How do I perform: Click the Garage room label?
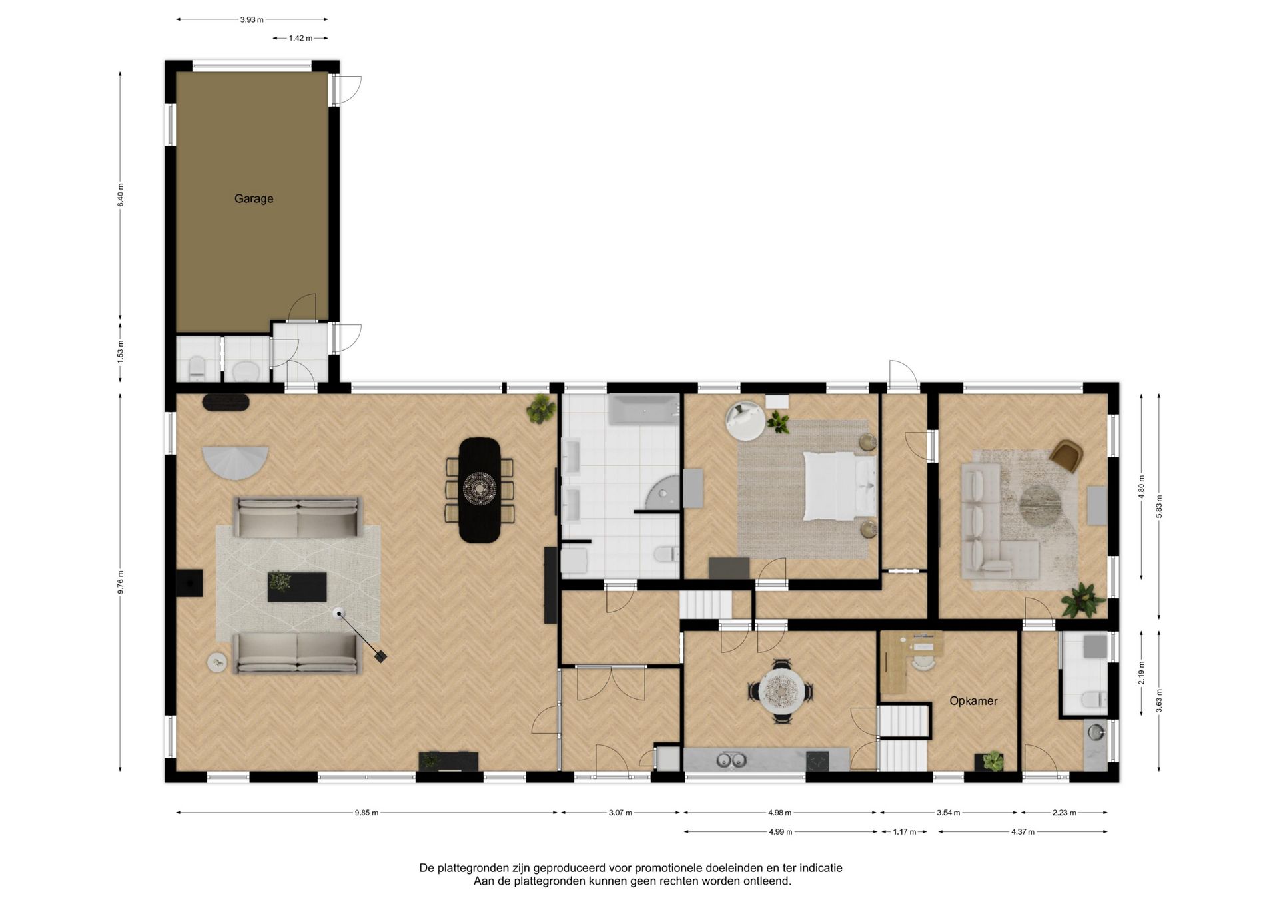[x=254, y=198]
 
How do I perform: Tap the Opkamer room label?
[x=973, y=701]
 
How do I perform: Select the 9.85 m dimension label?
[x=366, y=813]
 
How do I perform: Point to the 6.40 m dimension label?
[x=121, y=195]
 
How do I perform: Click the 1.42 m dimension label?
[x=300, y=38]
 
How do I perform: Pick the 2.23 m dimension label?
[x=1065, y=813]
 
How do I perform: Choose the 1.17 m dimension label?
[x=905, y=831]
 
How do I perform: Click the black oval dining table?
[x=480, y=490]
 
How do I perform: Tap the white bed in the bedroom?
[x=839, y=486]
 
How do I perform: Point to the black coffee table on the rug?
[x=297, y=586]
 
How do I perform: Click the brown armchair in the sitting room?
[x=1067, y=456]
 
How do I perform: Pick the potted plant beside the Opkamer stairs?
[x=993, y=760]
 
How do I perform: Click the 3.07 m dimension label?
[x=620, y=813]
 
